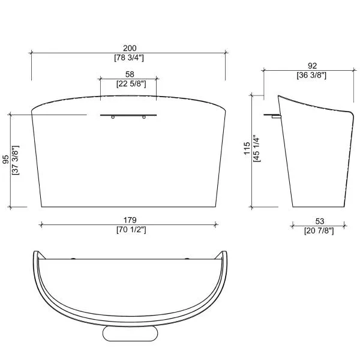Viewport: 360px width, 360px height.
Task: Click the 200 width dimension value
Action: pos(130,48)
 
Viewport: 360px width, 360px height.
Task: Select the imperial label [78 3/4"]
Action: pos(129,58)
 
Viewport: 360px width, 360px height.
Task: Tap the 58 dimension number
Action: pos(130,74)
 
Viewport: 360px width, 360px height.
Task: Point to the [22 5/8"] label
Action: pos(131,84)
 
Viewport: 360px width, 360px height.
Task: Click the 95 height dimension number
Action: pos(6,160)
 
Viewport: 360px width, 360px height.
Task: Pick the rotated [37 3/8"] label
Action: pos(16,160)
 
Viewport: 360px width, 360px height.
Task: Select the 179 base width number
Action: pos(130,220)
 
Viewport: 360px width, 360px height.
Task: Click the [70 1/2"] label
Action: pos(131,229)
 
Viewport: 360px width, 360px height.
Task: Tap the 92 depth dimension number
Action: pos(312,66)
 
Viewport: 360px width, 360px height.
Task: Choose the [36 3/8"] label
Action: pos(311,75)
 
